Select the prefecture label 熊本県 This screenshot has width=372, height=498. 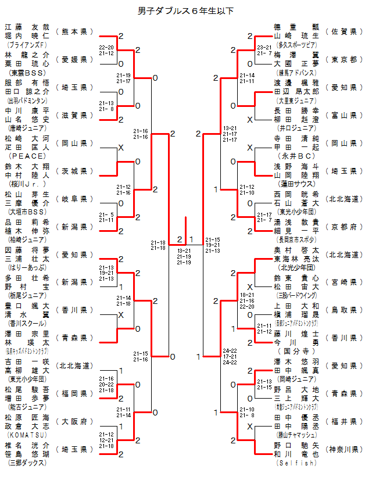click(x=74, y=31)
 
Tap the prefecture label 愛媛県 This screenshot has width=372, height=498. click(x=74, y=59)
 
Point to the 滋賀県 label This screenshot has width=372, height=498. click(x=74, y=115)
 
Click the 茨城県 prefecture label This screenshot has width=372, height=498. click(x=74, y=171)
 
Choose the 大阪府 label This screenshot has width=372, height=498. click(x=74, y=421)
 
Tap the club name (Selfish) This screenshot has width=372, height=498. click(x=296, y=463)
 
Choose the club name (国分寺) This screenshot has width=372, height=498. click(x=296, y=352)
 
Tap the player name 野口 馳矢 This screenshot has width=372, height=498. click(x=296, y=445)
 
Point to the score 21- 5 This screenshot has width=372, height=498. click(x=106, y=214)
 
